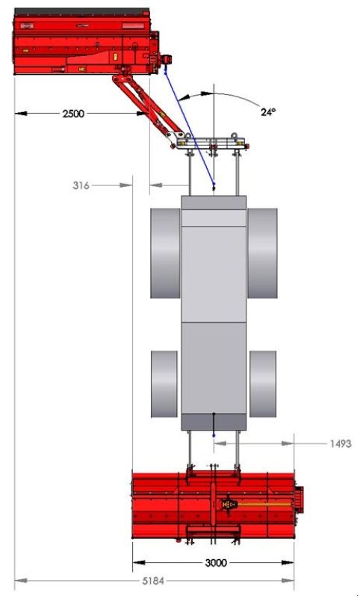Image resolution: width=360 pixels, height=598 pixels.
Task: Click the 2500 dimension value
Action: (73, 114)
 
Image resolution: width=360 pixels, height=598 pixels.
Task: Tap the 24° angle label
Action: (268, 112)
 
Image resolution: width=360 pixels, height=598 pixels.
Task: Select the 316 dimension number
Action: (81, 185)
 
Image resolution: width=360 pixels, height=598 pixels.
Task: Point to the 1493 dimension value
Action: (340, 443)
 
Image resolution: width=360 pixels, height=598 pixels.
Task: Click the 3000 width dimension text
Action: (216, 563)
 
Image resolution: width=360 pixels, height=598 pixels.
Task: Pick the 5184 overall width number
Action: (153, 581)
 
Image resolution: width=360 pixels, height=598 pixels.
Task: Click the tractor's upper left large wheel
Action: (165, 253)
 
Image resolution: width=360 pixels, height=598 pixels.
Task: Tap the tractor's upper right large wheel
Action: (262, 253)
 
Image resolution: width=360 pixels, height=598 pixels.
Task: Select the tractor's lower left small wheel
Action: (164, 384)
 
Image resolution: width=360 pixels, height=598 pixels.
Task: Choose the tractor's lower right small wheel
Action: (263, 384)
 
